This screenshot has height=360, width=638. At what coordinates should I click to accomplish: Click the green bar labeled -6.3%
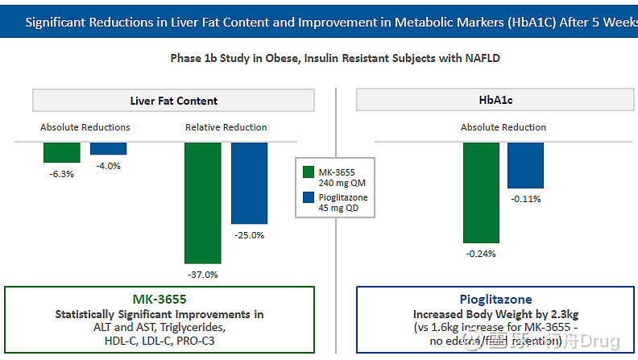tap(61, 152)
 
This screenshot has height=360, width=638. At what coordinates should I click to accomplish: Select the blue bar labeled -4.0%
tap(108, 148)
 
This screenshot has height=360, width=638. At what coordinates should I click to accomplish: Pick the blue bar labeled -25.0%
tap(249, 183)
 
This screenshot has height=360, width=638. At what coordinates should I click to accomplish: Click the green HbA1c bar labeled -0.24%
tap(481, 192)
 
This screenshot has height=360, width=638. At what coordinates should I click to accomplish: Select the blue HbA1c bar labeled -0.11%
tap(525, 165)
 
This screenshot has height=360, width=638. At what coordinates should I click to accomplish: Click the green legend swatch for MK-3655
tap(308, 172)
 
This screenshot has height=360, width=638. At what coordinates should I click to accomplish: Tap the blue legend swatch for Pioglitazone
tap(308, 197)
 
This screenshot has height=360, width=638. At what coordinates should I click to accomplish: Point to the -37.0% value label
tap(203, 274)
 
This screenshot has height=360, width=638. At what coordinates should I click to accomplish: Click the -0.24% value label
tap(481, 253)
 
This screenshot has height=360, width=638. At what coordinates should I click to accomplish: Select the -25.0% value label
tap(249, 235)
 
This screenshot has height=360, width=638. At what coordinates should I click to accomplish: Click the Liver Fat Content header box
tap(173, 101)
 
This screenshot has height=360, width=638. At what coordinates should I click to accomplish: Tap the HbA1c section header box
tap(496, 101)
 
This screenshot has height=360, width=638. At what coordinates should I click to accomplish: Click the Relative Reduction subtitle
tap(226, 127)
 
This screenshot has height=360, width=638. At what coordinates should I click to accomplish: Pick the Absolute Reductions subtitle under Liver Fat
tap(85, 127)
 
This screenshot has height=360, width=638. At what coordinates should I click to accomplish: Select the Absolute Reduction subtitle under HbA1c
tap(503, 127)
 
